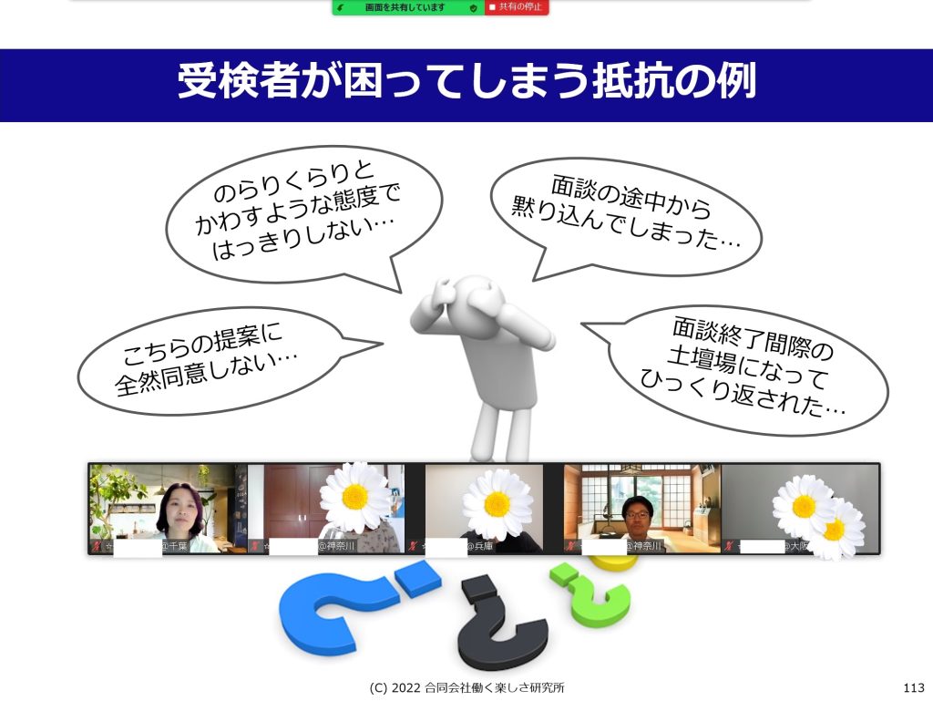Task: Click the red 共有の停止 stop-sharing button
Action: point(517,7)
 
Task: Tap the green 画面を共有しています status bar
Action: point(408,7)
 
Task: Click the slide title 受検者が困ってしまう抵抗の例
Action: point(467,80)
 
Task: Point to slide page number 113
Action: point(913,688)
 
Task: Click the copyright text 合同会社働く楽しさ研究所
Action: point(495,688)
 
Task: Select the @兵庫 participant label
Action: point(479,546)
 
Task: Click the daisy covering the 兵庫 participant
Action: point(497,505)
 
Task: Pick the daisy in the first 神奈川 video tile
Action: point(355,497)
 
